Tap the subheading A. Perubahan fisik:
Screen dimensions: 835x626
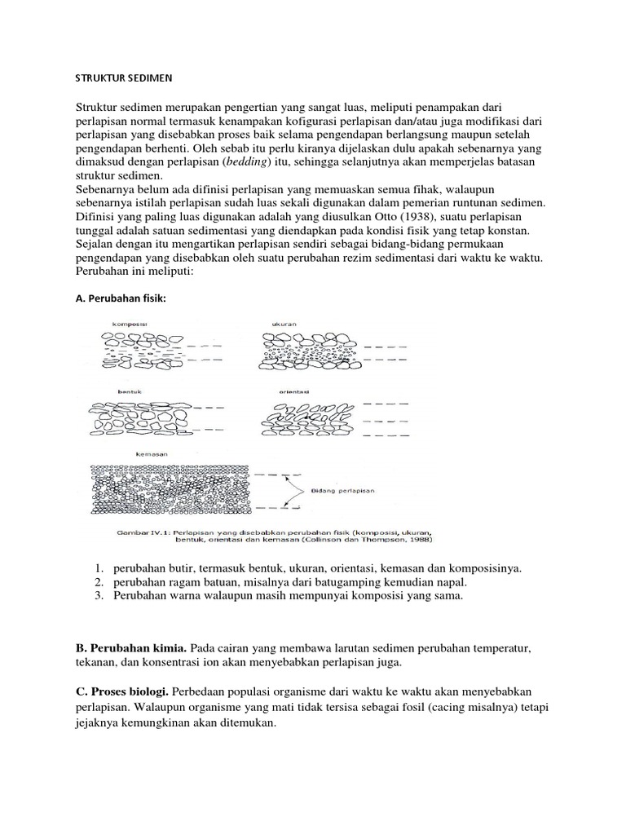[121, 298]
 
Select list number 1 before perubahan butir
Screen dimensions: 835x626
[95, 567]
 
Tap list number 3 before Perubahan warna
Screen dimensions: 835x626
[95, 596]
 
